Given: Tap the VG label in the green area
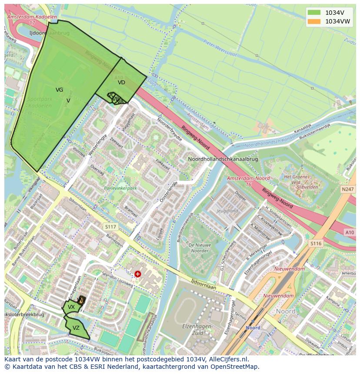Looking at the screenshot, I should click(59, 90).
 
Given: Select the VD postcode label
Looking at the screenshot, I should click(121, 82).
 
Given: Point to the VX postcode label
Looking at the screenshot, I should click(71, 307).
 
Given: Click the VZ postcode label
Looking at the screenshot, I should click(76, 328).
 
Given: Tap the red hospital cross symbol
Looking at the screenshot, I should click(138, 274).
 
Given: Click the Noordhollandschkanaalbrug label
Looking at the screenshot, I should click(223, 159).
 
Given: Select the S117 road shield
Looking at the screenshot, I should click(111, 227).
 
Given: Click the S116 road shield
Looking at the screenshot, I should click(316, 244).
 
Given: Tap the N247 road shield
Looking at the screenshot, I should click(348, 189).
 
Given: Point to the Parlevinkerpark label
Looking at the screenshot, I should click(120, 189).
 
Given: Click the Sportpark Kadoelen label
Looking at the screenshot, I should click(40, 103).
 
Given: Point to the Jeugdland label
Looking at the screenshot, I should click(227, 211).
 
